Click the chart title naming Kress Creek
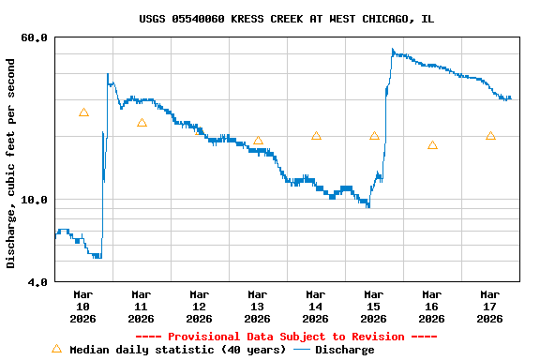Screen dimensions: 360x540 coord(286,19)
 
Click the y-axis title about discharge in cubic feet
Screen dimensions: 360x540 coord(11,163)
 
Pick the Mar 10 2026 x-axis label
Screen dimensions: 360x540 coord(82,306)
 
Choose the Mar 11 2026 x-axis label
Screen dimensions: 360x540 coord(141,306)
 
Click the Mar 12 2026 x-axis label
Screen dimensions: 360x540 coord(199,306)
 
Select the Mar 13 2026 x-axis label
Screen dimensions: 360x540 coord(257,306)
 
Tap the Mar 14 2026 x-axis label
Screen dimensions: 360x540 coord(315,306)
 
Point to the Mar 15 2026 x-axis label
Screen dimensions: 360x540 coord(373,306)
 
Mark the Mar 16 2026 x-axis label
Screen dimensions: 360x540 coord(431,306)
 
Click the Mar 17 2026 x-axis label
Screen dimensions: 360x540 coord(489,306)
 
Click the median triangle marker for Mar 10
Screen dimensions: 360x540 coord(83,112)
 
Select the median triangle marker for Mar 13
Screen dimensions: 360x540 coord(258,141)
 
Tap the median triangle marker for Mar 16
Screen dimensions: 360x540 coord(432,145)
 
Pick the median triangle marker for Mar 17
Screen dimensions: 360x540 coord(490,136)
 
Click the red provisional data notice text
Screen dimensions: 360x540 coord(286,337)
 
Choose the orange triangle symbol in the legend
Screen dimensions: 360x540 coord(56,349)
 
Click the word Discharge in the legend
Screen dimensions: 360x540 coord(344,350)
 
